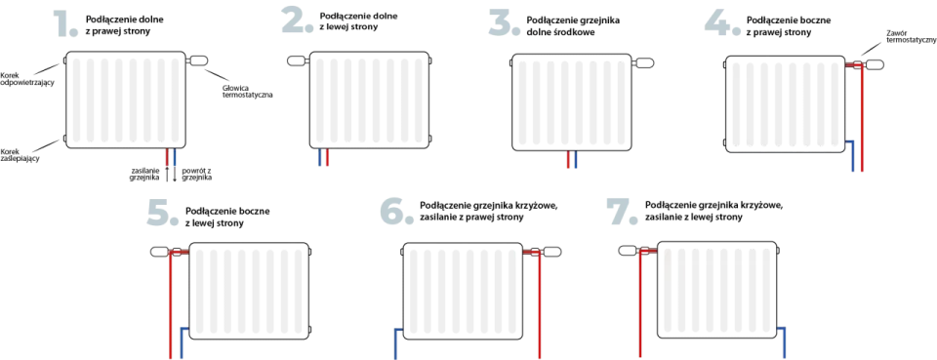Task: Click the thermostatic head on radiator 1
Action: [x=198, y=60]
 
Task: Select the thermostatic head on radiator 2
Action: [x=297, y=60]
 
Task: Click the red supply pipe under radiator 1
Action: [x=167, y=156]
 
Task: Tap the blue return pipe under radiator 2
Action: [x=320, y=157]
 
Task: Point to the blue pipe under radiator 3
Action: [x=576, y=159]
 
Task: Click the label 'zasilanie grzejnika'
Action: [x=144, y=174]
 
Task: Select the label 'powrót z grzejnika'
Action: [x=198, y=174]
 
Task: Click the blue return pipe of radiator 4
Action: [x=853, y=156]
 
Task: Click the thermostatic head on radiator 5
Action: [x=161, y=252]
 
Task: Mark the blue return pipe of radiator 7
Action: [x=784, y=343]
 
